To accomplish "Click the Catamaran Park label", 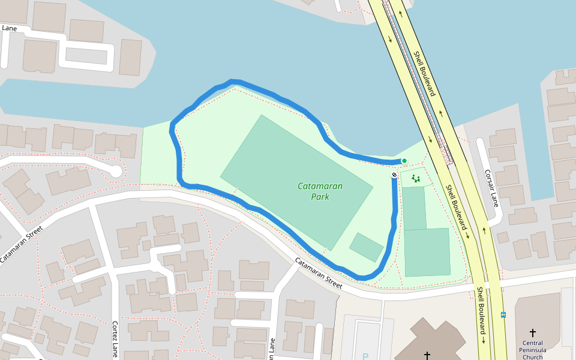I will click(320, 191).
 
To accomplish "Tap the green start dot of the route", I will click(404, 160).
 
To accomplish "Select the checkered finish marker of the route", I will click(394, 175).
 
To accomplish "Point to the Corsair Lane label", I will click(492, 188).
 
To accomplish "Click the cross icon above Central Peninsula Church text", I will click(532, 332).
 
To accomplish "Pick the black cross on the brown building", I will click(427, 355).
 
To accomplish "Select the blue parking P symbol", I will click(365, 356).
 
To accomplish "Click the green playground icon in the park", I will click(415, 178).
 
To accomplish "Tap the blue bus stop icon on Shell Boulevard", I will click(503, 314).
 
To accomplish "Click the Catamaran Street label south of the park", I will click(318, 274).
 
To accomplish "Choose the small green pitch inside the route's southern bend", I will click(366, 247).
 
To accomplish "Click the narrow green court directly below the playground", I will click(414, 208).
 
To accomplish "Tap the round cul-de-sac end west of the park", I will click(115, 172).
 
